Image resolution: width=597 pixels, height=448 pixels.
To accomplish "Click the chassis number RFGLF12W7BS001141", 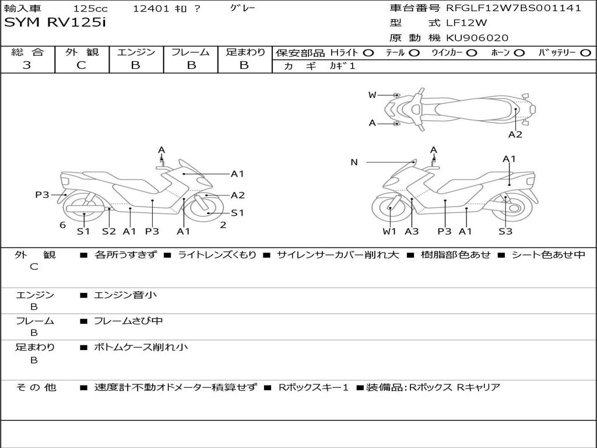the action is click(x=514, y=8).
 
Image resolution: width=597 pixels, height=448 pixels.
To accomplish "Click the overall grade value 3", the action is click(x=27, y=65).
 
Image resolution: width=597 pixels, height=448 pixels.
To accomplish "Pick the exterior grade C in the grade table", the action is click(x=82, y=65).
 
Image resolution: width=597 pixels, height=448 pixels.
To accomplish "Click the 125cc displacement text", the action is click(x=86, y=9).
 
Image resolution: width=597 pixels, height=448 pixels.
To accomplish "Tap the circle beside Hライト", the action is click(x=368, y=52).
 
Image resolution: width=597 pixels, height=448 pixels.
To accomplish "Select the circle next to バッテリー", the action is click(x=585, y=52).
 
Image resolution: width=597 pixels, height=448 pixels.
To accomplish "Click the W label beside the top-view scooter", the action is click(x=372, y=95).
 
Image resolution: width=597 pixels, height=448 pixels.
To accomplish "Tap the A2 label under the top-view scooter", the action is click(x=515, y=135).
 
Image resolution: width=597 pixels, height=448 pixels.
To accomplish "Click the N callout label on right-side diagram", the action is click(x=354, y=162).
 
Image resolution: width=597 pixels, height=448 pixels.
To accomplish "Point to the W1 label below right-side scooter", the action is click(x=389, y=232).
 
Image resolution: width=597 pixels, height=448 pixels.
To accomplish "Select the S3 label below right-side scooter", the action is click(x=505, y=232).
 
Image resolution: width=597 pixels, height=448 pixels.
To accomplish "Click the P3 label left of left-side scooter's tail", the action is click(x=42, y=195).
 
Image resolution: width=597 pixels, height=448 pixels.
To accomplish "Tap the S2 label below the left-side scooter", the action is click(x=109, y=232).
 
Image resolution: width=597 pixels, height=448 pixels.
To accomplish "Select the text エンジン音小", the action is click(x=125, y=295).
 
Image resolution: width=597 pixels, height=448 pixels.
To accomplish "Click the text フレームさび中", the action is click(x=129, y=321).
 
